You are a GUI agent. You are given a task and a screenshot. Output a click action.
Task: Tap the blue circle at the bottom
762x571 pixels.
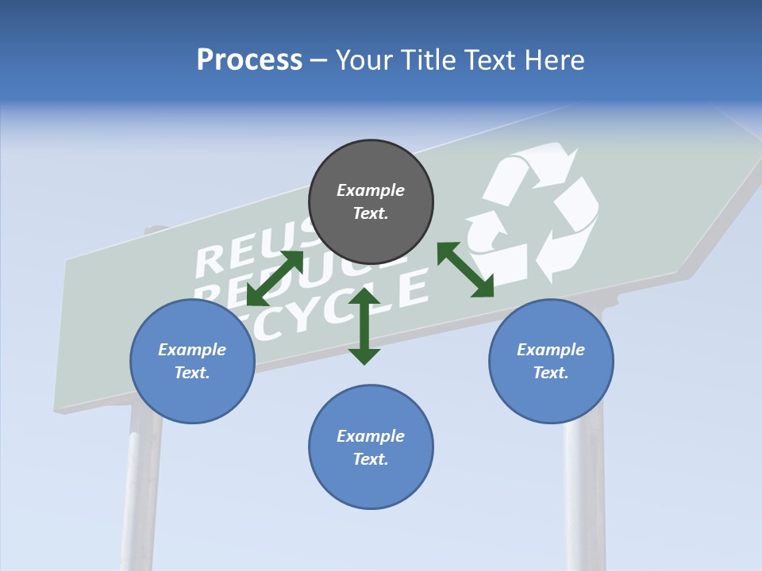pos(371,484)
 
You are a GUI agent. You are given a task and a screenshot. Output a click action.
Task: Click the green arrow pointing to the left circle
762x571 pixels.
pos(275,278)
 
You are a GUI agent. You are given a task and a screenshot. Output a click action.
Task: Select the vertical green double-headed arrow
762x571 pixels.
pos(364,326)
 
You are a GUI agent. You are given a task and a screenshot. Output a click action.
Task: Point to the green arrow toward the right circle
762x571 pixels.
pos(466,270)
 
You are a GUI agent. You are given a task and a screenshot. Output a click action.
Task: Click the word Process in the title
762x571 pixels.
pos(249,59)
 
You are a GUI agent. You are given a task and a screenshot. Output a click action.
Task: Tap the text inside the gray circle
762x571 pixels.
pos(371,201)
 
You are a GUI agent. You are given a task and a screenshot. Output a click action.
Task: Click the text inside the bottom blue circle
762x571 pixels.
pos(371,447)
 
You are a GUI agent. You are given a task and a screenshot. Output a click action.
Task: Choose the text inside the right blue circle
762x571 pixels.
pos(551,361)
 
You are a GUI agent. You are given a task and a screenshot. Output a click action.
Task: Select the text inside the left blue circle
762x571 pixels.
pos(192,361)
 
